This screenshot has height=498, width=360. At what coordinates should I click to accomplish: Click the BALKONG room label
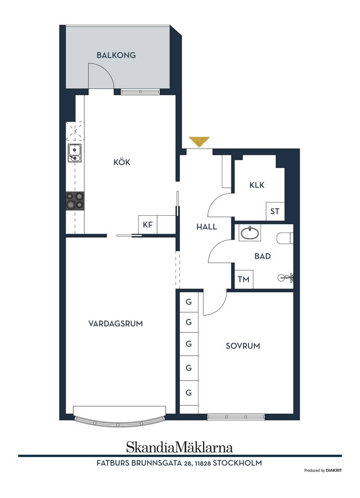pos(116,55)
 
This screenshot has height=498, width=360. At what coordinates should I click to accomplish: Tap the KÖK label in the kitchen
pos(122,162)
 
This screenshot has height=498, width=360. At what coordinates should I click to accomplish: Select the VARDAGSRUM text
pos(116,324)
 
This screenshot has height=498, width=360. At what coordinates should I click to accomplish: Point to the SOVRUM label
pos(243,346)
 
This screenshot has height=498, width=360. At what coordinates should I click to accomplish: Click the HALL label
pos(207,227)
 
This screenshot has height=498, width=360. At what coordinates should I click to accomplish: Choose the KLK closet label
pos(257,185)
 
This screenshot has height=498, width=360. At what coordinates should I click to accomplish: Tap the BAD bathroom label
pos(262,256)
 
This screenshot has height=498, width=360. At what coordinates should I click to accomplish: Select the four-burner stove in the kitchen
pos(75,201)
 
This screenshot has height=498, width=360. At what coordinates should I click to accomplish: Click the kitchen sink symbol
pos(75,153)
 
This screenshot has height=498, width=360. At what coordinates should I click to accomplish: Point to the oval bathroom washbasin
pos(250,233)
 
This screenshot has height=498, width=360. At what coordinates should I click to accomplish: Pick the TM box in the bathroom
pos(243,280)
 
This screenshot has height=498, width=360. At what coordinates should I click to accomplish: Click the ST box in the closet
pos(275,211)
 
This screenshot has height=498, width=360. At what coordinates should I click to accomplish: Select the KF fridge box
pos(148,225)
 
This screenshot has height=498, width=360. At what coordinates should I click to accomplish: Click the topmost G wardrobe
pos(189,302)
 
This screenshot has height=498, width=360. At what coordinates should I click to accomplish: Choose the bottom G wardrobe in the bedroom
pos(189,393)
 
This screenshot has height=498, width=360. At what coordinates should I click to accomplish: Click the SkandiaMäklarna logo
pos(180,447)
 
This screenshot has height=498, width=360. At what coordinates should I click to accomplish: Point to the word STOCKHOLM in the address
pos(238,463)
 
